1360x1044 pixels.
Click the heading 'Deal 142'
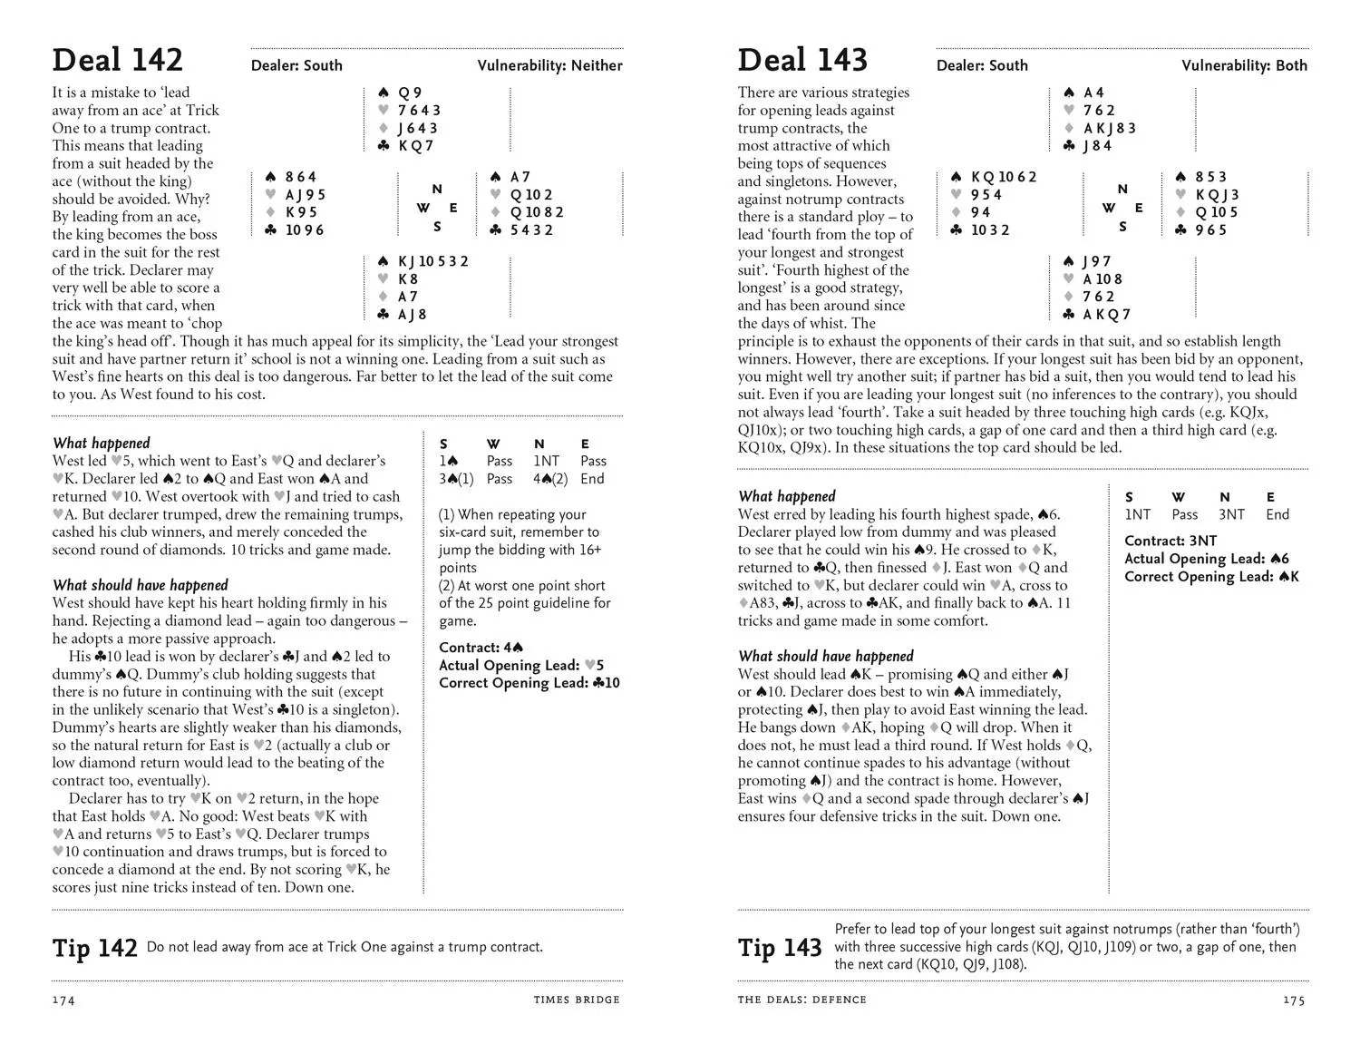coord(118,60)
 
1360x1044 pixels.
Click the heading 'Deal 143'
coord(802,60)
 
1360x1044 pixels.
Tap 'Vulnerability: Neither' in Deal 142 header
coord(549,65)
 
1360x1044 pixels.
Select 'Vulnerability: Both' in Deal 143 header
coord(1244,65)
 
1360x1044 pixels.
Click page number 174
coord(63,1000)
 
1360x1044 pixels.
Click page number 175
coord(1294,1000)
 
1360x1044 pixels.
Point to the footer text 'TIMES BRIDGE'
coord(577,1000)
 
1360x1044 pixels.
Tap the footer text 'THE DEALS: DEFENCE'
coord(801,1000)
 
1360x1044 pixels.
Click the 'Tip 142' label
coord(95,948)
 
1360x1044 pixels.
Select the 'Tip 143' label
coord(780,948)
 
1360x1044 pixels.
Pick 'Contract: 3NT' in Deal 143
coord(1171,541)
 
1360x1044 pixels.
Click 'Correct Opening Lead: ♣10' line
coord(529,683)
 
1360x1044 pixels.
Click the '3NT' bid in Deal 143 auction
coord(1231,514)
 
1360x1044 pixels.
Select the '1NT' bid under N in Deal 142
coord(547,461)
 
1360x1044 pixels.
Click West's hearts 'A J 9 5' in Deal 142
coord(306,195)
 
